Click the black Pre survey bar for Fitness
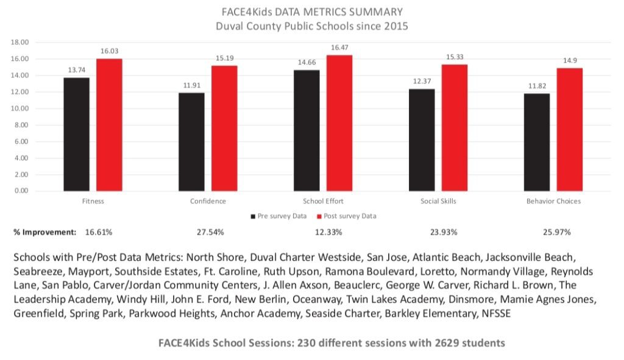point(76,134)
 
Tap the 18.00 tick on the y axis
point(20,43)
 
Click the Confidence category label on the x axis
point(208,201)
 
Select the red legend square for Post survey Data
point(318,216)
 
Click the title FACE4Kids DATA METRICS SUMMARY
point(311,12)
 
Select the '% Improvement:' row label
point(44,232)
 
